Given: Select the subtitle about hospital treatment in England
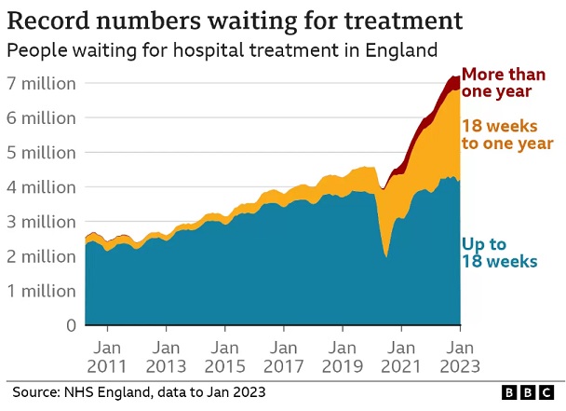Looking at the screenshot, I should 222,50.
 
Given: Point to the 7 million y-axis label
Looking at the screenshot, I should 40,84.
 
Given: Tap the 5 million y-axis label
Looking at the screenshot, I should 40,153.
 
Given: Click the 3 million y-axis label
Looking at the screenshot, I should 40,222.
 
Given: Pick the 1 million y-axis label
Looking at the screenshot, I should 40,291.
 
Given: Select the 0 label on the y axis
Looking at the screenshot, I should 70,325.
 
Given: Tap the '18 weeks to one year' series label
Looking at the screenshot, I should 507,135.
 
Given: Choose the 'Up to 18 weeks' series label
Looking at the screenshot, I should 499,253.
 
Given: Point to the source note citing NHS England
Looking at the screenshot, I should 140,392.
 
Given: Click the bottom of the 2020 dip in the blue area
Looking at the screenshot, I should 385,255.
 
